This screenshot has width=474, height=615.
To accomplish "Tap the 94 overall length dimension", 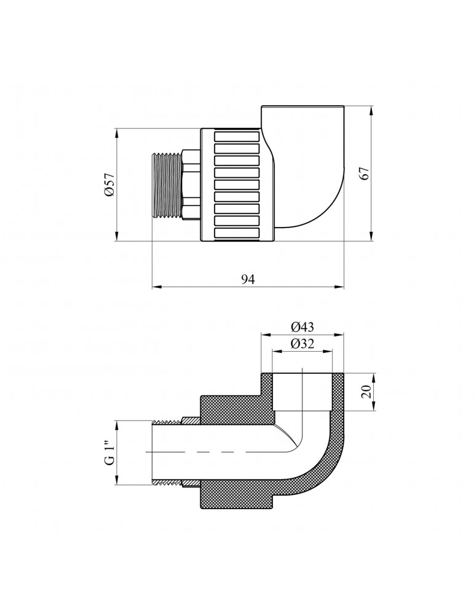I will click(x=247, y=279).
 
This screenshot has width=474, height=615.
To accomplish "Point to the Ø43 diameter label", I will click(x=302, y=327).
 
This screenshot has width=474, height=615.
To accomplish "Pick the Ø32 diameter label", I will click(x=302, y=344).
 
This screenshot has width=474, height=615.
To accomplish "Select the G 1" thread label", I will click(x=110, y=453).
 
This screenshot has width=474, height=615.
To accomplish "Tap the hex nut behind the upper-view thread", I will click(x=190, y=185).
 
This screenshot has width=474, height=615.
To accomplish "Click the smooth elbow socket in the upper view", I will click(x=307, y=166).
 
